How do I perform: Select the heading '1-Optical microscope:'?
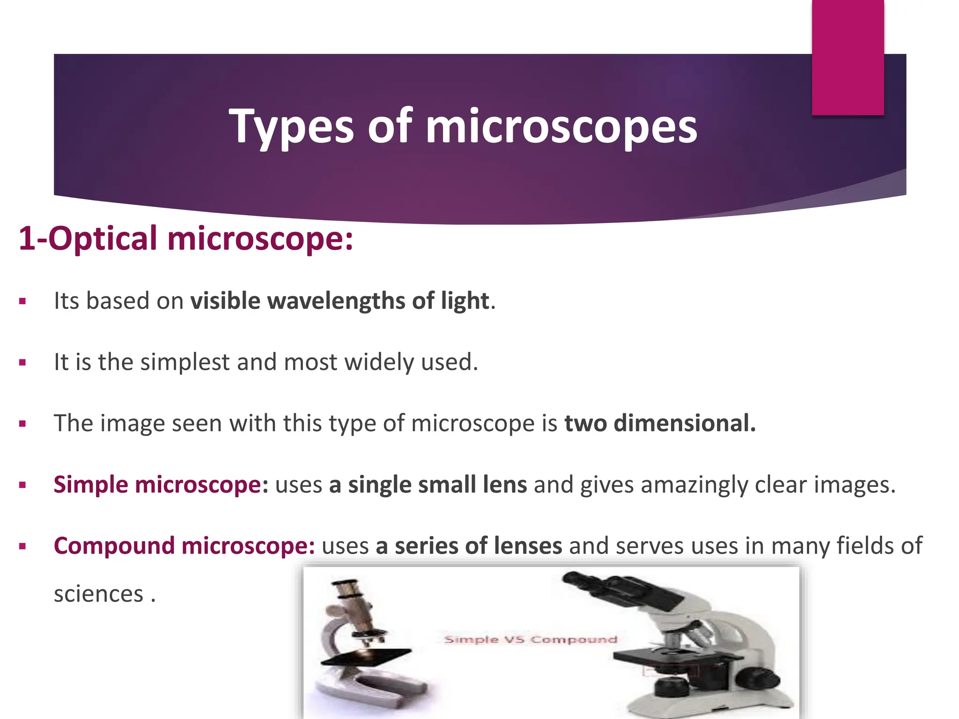[185, 239]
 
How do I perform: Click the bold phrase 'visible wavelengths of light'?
[339, 301]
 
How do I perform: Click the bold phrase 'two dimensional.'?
[660, 424]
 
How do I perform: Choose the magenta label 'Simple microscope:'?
[161, 485]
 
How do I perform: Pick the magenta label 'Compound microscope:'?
[184, 546]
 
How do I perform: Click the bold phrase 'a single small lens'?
[428, 485]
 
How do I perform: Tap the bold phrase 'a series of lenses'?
[469, 546]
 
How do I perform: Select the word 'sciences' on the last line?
[98, 594]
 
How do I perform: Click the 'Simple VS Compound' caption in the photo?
[530, 639]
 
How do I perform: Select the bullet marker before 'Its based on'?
[22, 302]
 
